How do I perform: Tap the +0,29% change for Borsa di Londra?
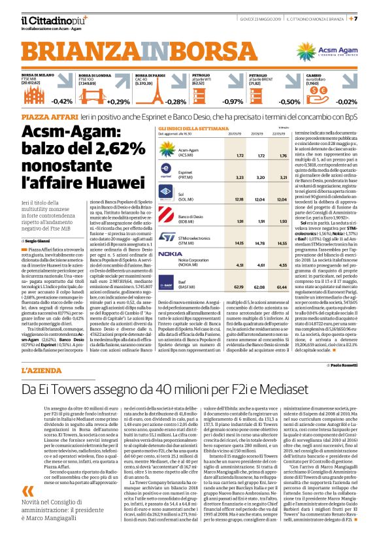coord(120,101)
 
